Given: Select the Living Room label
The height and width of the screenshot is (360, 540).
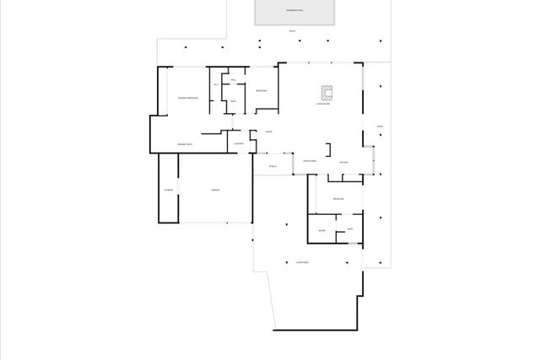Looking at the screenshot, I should click(x=322, y=105).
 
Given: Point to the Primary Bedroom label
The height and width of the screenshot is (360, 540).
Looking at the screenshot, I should click(x=187, y=98).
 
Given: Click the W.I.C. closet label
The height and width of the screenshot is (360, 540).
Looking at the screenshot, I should click(x=216, y=85).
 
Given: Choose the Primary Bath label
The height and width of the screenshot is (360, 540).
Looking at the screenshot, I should click(x=186, y=144).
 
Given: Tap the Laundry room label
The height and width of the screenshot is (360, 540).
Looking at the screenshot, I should click(x=239, y=144).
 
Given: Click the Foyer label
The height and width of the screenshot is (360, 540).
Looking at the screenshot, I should click(x=268, y=132).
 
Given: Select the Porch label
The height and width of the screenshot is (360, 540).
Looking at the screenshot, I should click(x=273, y=166).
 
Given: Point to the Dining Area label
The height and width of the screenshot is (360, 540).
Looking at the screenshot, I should click(x=310, y=160).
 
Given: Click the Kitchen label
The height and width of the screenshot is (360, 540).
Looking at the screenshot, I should click(x=343, y=162).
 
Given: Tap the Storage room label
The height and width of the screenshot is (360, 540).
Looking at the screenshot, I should click(x=168, y=191).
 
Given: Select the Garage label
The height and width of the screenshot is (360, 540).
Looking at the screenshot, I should click(x=215, y=191).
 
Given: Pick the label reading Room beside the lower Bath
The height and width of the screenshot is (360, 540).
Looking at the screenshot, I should click(x=321, y=229).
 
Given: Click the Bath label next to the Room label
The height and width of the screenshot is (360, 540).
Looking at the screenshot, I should click(x=350, y=229).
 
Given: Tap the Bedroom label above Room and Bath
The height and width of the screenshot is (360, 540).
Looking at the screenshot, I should click(x=337, y=198).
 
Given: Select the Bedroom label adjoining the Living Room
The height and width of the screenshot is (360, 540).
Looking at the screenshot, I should click(x=262, y=89).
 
